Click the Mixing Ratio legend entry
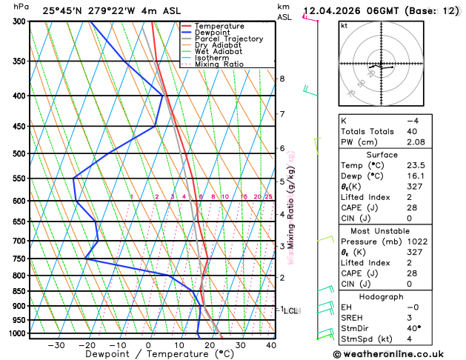coord(223,64)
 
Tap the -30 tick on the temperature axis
coord(56,345)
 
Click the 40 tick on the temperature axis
coord(271,345)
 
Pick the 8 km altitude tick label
coord(282,79)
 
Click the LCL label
coord(290,311)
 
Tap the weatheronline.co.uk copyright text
coord(399,354)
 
